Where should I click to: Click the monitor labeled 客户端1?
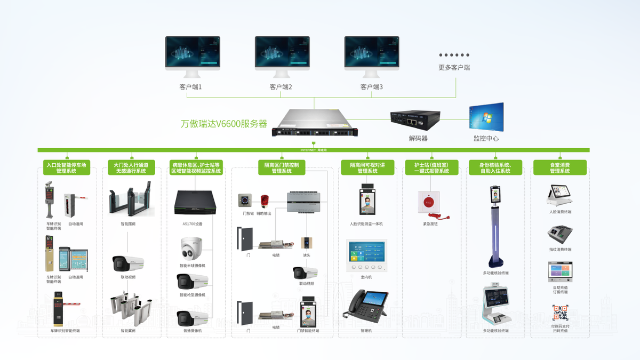click(x=193, y=54)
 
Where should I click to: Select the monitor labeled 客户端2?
click(x=282, y=54)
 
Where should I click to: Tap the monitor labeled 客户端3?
click(x=372, y=54)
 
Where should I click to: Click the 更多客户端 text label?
click(x=454, y=68)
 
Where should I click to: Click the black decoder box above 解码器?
click(x=415, y=121)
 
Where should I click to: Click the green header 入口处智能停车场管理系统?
click(x=67, y=167)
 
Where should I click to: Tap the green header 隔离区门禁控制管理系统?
click(x=282, y=167)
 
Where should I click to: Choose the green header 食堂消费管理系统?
click(x=559, y=167)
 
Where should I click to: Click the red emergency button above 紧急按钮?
click(x=428, y=202)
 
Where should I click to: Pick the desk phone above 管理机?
click(x=369, y=306)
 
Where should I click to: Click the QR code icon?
click(x=560, y=313)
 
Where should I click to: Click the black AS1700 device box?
click(x=195, y=203)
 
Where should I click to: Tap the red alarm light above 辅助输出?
click(x=263, y=201)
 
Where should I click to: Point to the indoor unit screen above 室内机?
click(x=366, y=255)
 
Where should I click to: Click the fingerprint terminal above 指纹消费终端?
click(x=560, y=235)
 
